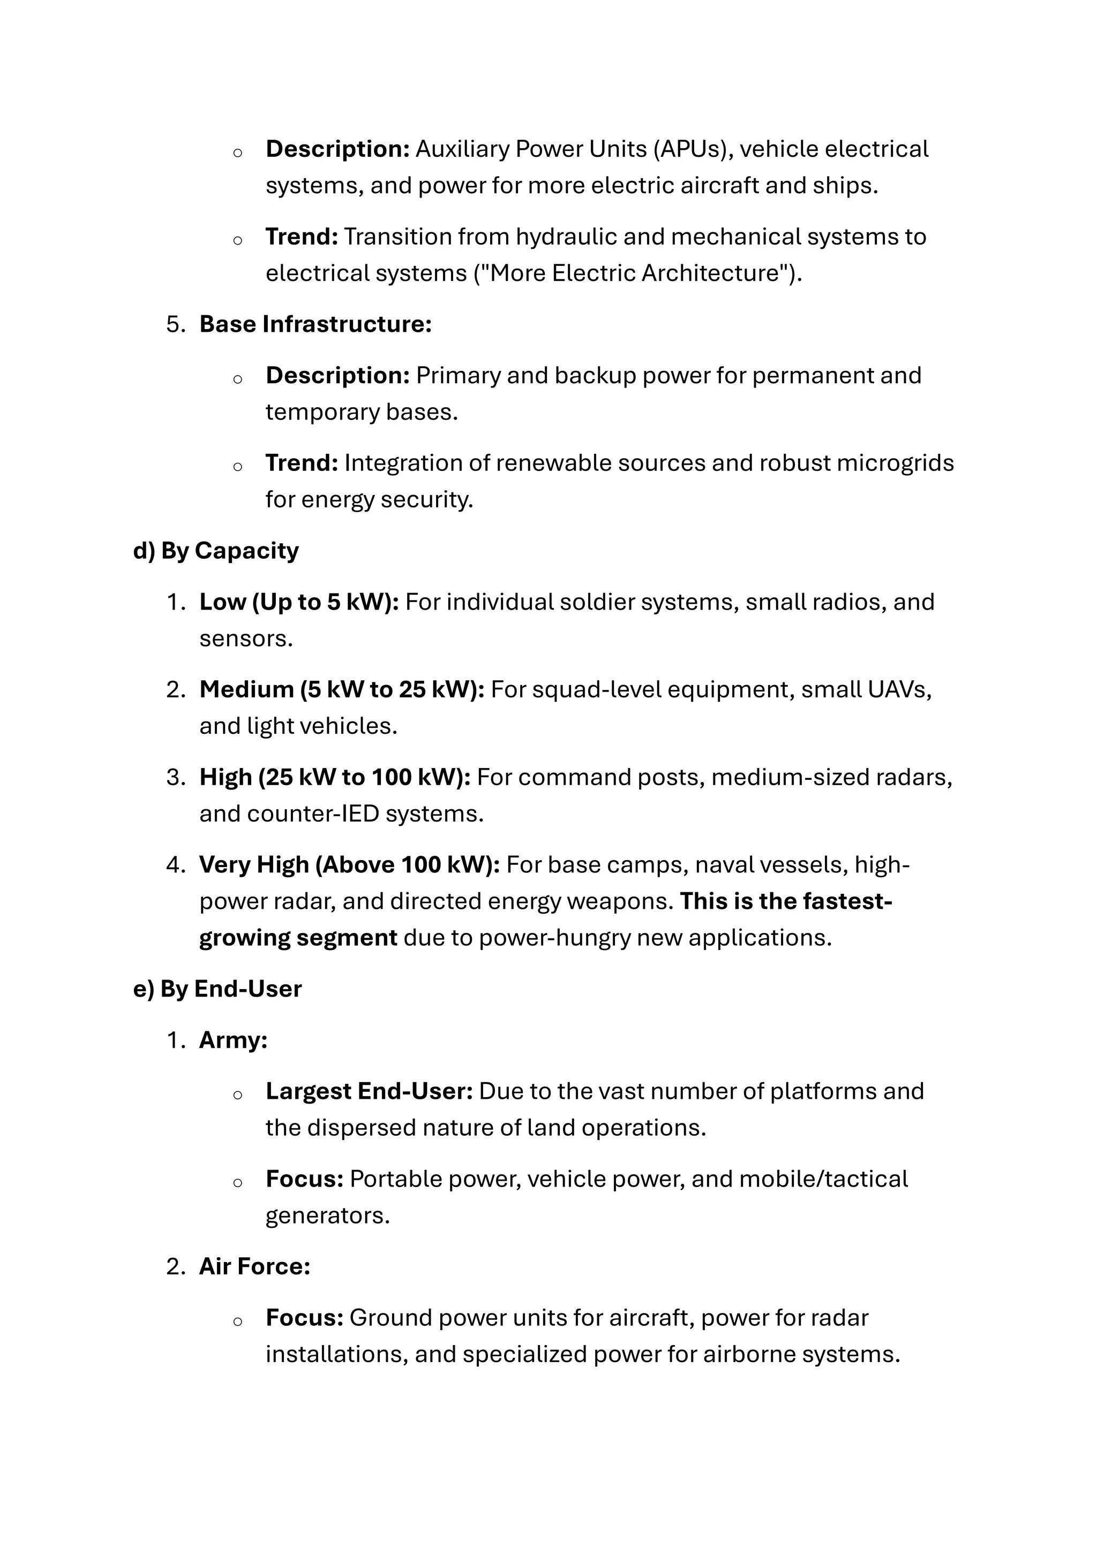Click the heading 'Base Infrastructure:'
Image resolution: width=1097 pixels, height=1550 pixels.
[315, 325]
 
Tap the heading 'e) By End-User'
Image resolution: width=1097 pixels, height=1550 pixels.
[217, 989]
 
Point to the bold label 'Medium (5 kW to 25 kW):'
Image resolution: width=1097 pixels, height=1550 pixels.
[341, 690]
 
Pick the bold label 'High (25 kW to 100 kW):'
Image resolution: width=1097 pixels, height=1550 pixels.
[334, 778]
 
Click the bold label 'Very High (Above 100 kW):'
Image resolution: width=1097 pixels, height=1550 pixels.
[349, 865]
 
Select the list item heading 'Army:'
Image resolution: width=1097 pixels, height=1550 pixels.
[233, 1040]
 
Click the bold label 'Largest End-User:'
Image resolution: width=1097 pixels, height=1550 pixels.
[369, 1092]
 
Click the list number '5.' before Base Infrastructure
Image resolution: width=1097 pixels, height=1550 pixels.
[176, 325]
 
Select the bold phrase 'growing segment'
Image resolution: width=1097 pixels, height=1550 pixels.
[298, 938]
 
